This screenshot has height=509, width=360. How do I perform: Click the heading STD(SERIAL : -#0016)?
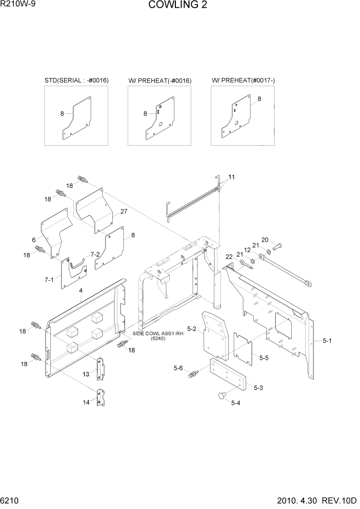click(x=76, y=81)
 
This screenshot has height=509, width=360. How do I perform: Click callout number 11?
click(x=232, y=177)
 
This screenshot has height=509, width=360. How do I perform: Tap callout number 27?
click(x=124, y=211)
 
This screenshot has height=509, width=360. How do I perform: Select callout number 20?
click(x=265, y=240)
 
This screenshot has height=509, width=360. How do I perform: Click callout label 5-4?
click(x=236, y=403)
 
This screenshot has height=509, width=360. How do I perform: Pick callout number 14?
click(x=87, y=403)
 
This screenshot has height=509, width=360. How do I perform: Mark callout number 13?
click(x=87, y=375)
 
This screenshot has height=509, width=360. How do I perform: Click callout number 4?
click(x=81, y=291)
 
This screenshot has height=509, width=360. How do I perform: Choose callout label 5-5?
click(x=264, y=358)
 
